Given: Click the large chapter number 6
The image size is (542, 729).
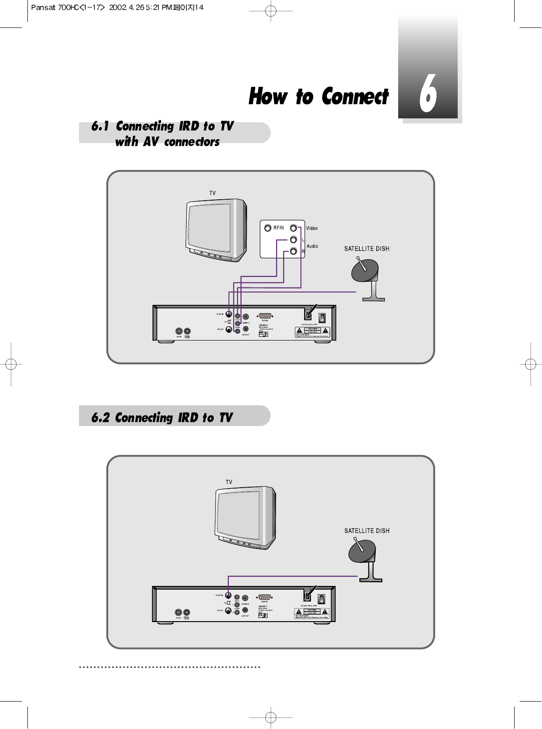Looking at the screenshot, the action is pos(428,94).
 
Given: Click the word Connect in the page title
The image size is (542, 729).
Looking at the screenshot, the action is pos(355,96).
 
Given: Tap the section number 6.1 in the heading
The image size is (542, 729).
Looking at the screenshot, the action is pos(100,126).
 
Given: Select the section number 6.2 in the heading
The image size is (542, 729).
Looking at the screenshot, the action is pos(100,418).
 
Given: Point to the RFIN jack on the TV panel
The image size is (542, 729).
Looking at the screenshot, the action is pos(268,228).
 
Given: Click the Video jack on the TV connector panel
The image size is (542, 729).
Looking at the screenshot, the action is pos(294,228).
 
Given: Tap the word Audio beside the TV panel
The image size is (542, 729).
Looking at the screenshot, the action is pos(312,246).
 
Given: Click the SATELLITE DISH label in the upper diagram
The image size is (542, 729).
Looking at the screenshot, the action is pos(367,249).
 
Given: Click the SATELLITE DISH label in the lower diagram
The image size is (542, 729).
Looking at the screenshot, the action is pos(367,531).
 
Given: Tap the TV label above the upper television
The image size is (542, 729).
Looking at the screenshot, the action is pos(212,193).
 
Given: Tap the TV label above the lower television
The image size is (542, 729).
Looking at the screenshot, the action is pos(229,482).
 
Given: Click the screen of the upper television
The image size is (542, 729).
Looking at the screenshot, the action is pos(210,227).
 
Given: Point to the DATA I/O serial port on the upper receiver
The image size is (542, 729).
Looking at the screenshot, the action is pos(265,315).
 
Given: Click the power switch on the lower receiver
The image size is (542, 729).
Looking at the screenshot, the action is pos(321,598).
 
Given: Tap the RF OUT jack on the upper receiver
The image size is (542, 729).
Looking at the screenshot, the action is pos(229,329).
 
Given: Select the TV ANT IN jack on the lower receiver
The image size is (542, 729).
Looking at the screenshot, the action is pos(228,596).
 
